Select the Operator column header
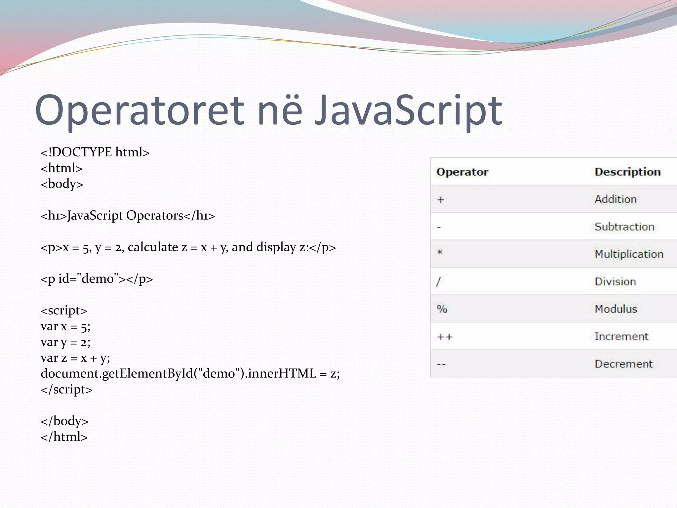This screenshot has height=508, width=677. (x=462, y=172)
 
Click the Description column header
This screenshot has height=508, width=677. (x=627, y=172)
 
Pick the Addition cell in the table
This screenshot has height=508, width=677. (x=616, y=199)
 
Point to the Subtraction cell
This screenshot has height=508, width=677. (x=624, y=227)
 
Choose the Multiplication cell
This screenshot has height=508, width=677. (x=629, y=254)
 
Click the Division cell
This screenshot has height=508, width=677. (x=615, y=282)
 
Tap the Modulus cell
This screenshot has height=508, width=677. (x=616, y=309)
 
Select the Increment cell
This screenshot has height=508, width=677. (x=621, y=337)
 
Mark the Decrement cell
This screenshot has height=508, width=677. (x=623, y=364)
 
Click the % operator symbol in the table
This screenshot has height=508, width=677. (x=442, y=309)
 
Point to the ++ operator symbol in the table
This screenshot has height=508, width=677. (x=445, y=337)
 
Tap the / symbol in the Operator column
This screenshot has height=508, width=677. (x=438, y=282)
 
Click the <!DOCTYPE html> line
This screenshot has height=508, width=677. (x=95, y=152)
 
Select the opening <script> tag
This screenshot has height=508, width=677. (x=64, y=311)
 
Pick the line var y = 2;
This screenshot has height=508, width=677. (x=65, y=342)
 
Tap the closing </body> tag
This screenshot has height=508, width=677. (x=64, y=421)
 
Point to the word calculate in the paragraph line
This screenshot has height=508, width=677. (x=153, y=247)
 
